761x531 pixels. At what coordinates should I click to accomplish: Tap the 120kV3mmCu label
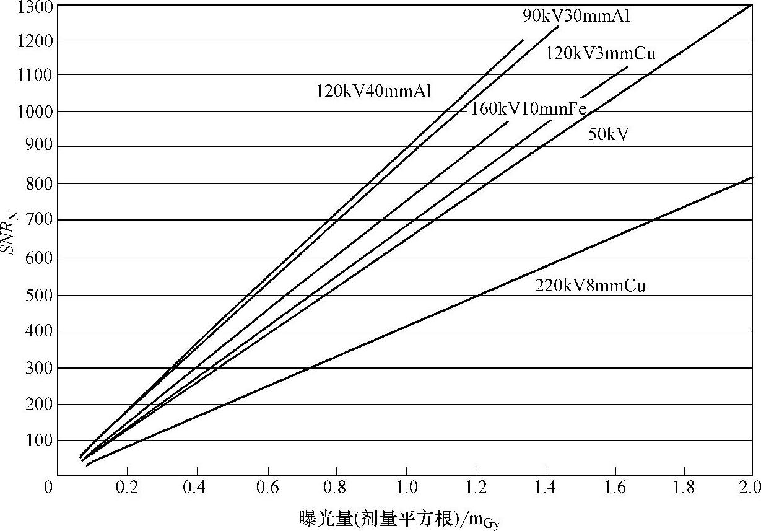[x=600, y=54]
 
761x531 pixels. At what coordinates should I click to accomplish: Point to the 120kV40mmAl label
[x=373, y=91]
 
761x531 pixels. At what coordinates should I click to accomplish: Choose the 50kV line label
[x=608, y=134]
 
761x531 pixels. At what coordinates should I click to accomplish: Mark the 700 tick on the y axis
[x=41, y=221]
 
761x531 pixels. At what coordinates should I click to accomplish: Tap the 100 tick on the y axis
[x=41, y=441]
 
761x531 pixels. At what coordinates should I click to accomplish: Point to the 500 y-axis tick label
[x=41, y=294]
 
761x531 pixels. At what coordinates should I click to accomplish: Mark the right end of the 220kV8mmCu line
[x=752, y=178]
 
